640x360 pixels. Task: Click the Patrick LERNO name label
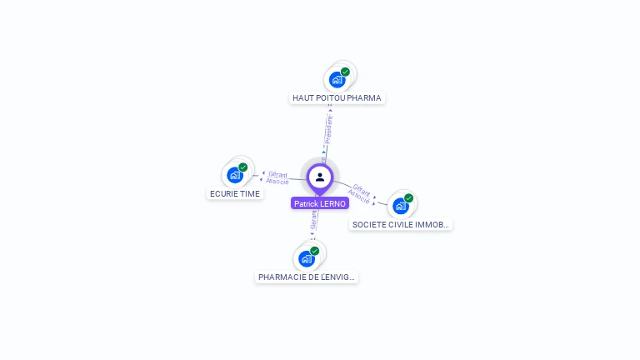pos(320,203)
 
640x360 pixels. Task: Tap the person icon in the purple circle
pos(320,177)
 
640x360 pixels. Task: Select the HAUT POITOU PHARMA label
pos(337,98)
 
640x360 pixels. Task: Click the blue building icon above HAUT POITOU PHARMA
pos(337,80)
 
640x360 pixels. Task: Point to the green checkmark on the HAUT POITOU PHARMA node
pos(345,72)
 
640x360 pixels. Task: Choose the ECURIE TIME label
pos(234,194)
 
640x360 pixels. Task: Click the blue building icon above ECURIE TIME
pos(235,175)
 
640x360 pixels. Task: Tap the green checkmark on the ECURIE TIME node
pos(243,167)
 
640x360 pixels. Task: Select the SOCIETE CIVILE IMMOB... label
pos(401,225)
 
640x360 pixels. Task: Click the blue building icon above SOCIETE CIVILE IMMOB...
pos(401,206)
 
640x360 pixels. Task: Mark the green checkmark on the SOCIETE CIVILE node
pos(409,198)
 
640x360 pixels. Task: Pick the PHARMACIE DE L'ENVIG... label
pos(307,277)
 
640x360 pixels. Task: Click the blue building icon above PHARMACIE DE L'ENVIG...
pos(307,258)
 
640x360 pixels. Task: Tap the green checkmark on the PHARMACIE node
pos(315,251)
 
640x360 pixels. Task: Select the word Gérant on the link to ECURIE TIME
pos(278,174)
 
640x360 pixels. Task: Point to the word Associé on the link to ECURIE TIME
pos(277,182)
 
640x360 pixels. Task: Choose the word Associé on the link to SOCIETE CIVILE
pos(358,196)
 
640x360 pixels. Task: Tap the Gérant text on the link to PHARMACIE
pos(314,219)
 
